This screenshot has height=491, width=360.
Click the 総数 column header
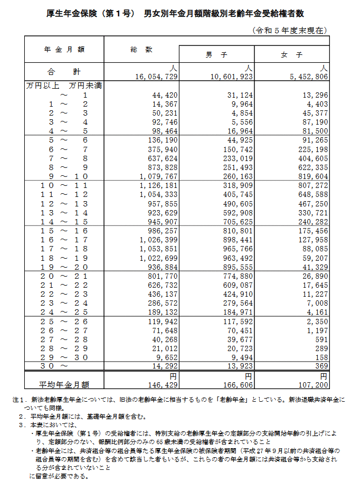[141, 49]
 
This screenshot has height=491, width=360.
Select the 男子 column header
[216, 55]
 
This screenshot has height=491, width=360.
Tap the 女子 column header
[292, 55]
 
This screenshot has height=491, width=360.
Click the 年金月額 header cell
[64, 49]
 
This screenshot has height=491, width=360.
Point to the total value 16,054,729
[156, 77]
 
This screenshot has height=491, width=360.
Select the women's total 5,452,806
[308, 77]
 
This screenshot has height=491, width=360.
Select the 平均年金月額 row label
[64, 384]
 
